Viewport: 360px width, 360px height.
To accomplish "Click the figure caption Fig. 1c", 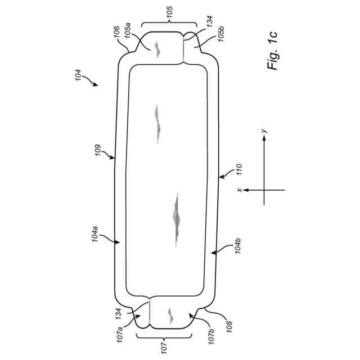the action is pos(272,51).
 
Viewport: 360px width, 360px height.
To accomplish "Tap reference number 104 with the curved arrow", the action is pos(78,75).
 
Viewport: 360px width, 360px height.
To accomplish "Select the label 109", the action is pos(98,150).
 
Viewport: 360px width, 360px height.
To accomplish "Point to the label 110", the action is pos(239,169).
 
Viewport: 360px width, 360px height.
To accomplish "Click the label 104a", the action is pos(95,234).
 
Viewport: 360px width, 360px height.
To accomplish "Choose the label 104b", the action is pos(237,246).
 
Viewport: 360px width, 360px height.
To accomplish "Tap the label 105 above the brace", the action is pos(169,12).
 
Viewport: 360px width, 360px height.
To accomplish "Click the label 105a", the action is pos(128,30).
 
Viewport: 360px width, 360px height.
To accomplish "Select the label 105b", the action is pos(221,34).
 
